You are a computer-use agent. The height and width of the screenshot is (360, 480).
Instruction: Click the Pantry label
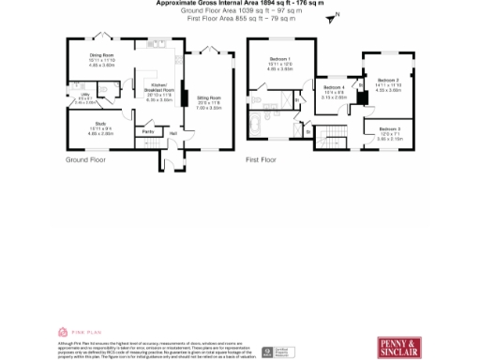coord(148,132)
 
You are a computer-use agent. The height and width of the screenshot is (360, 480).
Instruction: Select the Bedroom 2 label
coord(388,81)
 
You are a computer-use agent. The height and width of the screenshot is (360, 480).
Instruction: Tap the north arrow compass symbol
coord(337,16)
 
